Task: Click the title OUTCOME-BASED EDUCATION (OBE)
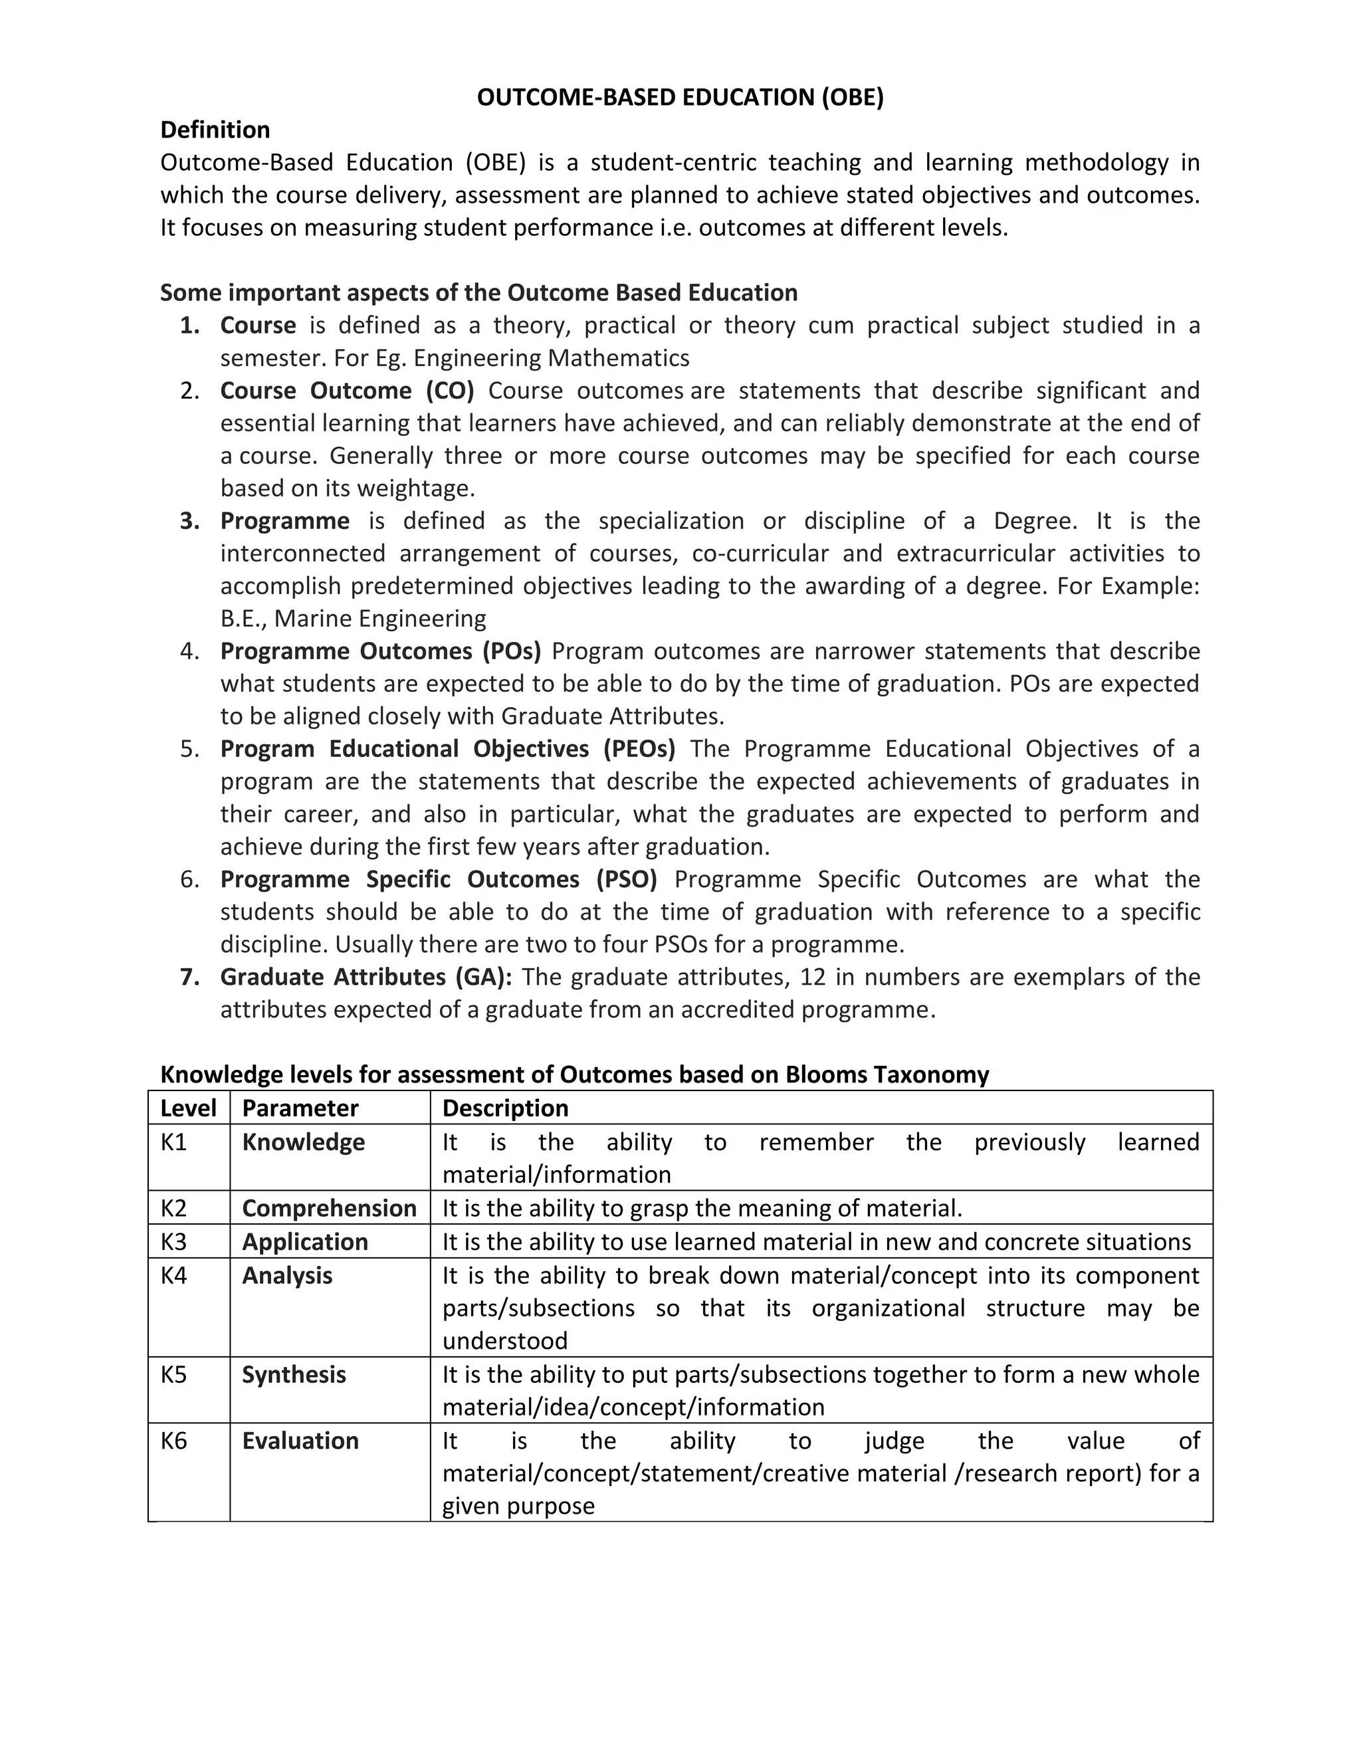click(680, 98)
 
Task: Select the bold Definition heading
click(215, 130)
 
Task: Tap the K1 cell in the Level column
click(174, 1142)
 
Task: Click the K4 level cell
click(174, 1276)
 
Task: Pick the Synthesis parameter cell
click(294, 1375)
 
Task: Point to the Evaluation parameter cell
click(300, 1441)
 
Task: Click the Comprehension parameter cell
click(329, 1209)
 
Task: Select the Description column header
click(506, 1108)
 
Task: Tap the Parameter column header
click(300, 1108)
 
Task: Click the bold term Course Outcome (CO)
click(347, 391)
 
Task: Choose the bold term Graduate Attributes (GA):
click(366, 978)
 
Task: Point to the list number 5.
click(189, 749)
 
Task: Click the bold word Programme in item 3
click(284, 521)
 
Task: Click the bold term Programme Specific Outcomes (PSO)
click(439, 880)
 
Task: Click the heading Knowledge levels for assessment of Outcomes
click(574, 1075)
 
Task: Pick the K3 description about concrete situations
click(816, 1243)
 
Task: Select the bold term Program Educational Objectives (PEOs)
click(447, 749)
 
